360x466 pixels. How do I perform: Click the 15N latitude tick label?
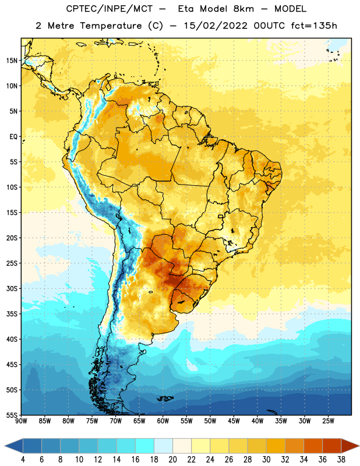click(x=12, y=61)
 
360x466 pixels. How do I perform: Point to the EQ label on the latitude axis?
click(x=13, y=137)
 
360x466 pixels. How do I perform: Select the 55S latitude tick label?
click(x=12, y=415)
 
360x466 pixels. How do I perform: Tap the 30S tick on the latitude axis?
click(x=12, y=288)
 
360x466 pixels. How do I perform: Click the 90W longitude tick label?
click(x=21, y=421)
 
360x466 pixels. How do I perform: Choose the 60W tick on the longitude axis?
click(x=163, y=421)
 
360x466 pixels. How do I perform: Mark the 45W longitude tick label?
click(x=234, y=421)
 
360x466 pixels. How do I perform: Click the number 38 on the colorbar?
click(x=341, y=460)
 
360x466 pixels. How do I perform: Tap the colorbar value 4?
click(x=23, y=460)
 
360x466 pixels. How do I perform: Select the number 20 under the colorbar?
click(x=172, y=460)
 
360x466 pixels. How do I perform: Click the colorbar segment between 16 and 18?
click(x=145, y=446)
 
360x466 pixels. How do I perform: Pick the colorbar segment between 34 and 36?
click(x=313, y=446)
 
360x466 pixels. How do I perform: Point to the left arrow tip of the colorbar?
click(x=5, y=446)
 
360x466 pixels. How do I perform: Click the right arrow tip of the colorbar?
click(x=359, y=446)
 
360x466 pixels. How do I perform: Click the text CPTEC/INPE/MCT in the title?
click(x=109, y=9)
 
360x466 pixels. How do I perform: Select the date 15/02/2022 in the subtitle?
click(x=215, y=26)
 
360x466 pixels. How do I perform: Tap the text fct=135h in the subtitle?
click(x=314, y=26)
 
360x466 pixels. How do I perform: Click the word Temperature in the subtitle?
click(x=111, y=26)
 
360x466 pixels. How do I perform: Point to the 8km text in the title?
click(x=243, y=9)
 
